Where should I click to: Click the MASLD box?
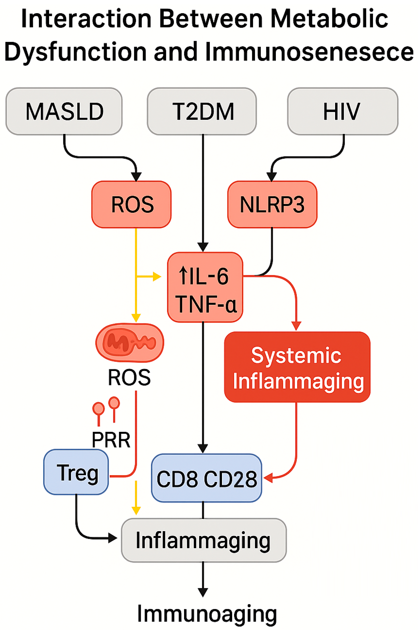[64, 111]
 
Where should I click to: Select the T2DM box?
[202, 111]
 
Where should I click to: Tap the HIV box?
[342, 111]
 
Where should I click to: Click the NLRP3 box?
[272, 204]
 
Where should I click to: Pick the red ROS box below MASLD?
[131, 204]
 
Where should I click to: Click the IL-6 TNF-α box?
[205, 287]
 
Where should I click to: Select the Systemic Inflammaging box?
[297, 367]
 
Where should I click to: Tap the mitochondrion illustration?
[130, 343]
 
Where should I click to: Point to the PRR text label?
[111, 440]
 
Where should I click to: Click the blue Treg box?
[76, 472]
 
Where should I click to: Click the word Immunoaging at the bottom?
[207, 613]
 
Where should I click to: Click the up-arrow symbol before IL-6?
[183, 276]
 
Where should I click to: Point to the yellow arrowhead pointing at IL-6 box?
[157, 277]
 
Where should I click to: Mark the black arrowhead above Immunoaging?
[203, 592]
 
